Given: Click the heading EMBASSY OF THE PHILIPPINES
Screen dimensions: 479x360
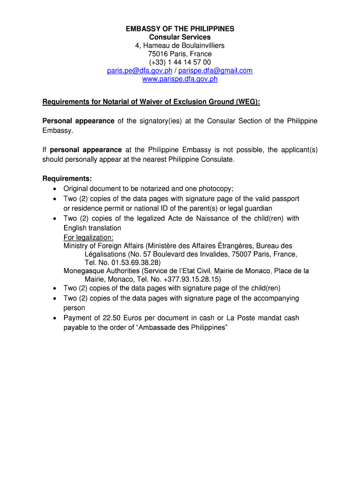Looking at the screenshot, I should pos(180,29).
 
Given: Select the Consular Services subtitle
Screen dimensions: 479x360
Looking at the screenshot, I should pos(180,37).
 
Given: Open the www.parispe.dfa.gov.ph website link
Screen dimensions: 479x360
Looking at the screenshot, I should pos(180,79).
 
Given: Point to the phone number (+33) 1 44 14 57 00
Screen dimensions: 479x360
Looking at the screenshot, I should pos(180,62).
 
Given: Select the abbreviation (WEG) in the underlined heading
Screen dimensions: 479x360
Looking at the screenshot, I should pos(247,102).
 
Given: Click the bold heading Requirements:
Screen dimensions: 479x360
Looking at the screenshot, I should pos(67,179).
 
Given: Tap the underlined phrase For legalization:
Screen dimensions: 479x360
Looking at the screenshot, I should pos(88,238).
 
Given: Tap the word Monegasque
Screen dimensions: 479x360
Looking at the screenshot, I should pos(84,271).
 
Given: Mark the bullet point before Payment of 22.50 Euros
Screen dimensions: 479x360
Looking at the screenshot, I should pos(55,318).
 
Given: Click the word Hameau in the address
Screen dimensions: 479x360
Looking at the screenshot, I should pos(155,45).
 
